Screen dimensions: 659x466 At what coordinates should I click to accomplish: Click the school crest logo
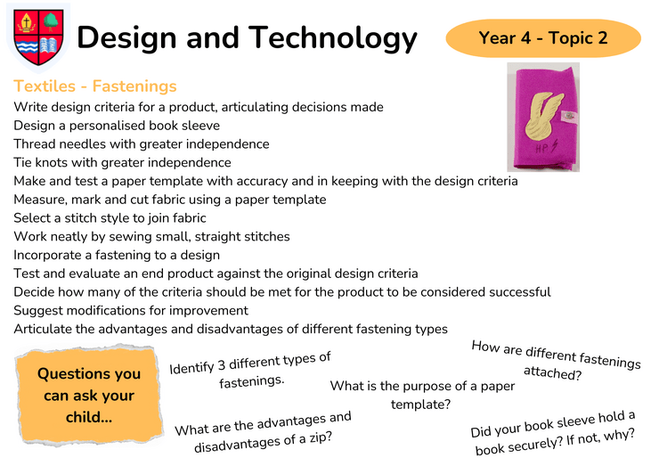[x=38, y=37]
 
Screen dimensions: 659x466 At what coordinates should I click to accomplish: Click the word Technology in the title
[x=332, y=38]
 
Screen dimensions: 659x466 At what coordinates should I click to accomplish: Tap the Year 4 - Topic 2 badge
[x=543, y=37]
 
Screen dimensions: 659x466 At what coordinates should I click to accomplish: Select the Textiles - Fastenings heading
[x=95, y=86]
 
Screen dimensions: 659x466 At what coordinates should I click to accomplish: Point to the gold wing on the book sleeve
[x=543, y=117]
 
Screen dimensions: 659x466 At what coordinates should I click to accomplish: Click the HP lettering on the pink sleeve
[x=542, y=148]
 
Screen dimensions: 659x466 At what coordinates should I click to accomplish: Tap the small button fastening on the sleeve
[x=569, y=116]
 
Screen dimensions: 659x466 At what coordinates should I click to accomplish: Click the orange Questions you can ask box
[x=89, y=396]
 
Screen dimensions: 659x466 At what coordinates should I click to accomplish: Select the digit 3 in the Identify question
[x=222, y=364]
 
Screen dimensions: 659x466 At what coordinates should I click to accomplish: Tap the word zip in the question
[x=321, y=437]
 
